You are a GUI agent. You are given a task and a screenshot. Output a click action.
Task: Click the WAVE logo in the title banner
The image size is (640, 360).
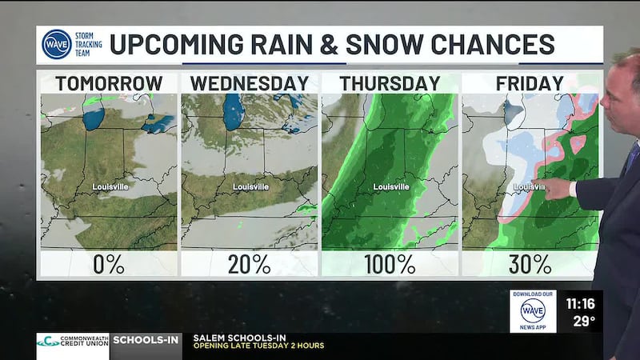[57, 44]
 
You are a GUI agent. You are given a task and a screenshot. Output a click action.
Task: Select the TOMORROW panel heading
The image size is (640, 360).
[109, 83]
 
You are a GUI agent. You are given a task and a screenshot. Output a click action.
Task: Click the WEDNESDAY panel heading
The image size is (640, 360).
[250, 83]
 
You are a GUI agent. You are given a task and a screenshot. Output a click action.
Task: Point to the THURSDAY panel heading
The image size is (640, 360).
[390, 83]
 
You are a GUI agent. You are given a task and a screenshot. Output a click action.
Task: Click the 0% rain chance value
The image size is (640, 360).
[109, 264]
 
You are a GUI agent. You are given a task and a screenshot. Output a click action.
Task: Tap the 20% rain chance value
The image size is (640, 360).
[250, 264]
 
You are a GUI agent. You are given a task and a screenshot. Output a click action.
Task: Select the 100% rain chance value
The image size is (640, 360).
[390, 264]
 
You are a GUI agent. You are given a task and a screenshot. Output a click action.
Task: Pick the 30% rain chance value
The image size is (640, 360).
[530, 264]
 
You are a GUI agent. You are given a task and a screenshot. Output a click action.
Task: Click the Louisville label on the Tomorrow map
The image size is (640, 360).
[110, 187]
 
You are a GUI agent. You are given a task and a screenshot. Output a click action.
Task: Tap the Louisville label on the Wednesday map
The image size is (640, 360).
[250, 187]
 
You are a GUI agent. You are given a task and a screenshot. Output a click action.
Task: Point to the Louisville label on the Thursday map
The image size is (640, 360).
[391, 187]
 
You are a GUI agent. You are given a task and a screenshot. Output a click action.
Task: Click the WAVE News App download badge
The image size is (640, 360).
[533, 311]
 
